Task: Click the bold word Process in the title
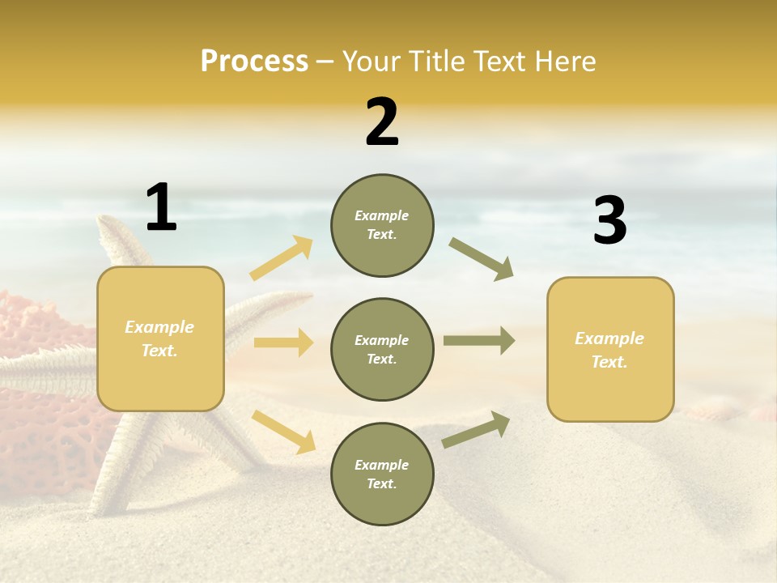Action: tap(254, 61)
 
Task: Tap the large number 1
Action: tap(161, 207)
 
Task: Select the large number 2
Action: tap(382, 122)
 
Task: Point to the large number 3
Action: tap(610, 220)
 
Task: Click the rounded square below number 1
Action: tap(160, 338)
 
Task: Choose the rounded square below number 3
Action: tap(610, 349)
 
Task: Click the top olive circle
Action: tap(382, 225)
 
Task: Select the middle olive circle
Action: tap(382, 349)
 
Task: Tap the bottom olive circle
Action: tap(382, 474)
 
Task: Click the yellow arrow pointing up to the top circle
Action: tap(282, 258)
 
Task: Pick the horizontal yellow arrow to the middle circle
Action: tap(283, 343)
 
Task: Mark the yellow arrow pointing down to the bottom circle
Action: tap(283, 431)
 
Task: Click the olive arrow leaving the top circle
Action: tap(482, 259)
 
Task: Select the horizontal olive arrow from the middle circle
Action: tap(479, 341)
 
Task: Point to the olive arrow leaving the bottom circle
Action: tap(476, 430)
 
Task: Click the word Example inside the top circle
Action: tap(382, 215)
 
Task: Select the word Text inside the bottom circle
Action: tap(380, 483)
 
